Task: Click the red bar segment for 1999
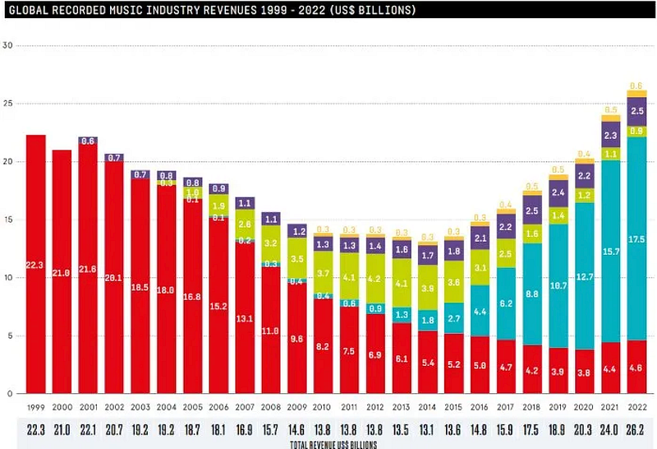(x=36, y=263)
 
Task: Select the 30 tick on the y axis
(x=8, y=45)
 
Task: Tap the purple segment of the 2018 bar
(x=532, y=210)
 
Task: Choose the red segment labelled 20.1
(x=114, y=277)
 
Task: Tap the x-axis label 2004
(x=167, y=406)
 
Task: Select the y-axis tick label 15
(x=8, y=220)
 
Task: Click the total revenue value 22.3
(x=36, y=427)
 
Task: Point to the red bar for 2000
(x=62, y=271)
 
